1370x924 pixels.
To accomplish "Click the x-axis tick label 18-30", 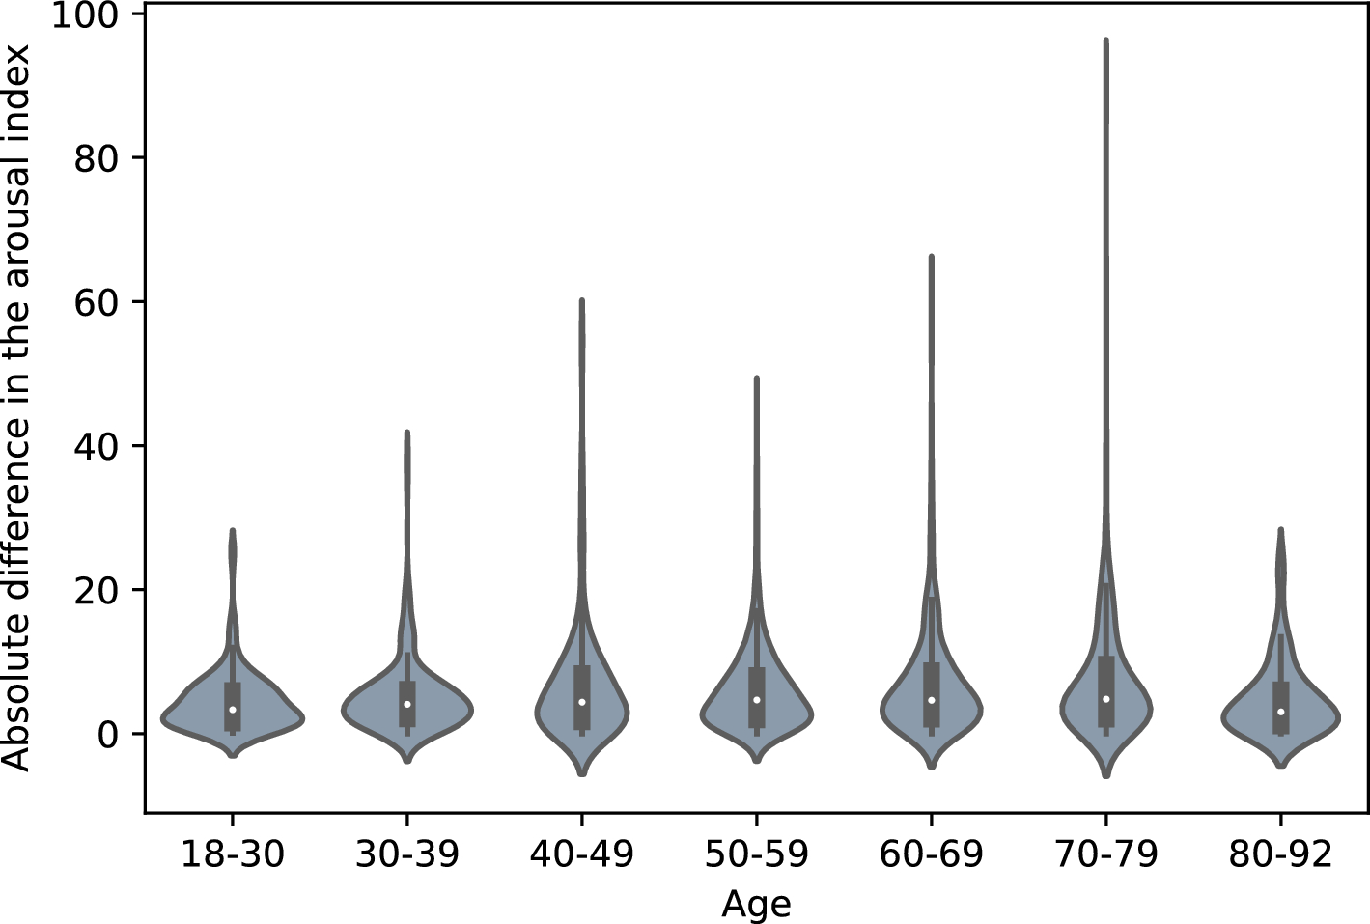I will (233, 854).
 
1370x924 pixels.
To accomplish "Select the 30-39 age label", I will (406, 854).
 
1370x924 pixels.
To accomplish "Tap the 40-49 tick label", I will (581, 854).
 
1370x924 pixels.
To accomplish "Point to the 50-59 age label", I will (756, 854).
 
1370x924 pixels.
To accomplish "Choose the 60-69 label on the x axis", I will (931, 854).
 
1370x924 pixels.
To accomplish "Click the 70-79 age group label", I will (1105, 854).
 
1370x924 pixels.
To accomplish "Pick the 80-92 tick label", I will (1280, 854).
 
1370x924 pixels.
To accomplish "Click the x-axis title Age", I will (756, 905).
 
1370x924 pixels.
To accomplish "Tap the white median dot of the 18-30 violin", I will (233, 710).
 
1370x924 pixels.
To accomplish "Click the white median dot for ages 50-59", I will (756, 700).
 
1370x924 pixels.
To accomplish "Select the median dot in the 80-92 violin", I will (1280, 712).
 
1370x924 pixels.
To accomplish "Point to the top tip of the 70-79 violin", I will (1105, 41).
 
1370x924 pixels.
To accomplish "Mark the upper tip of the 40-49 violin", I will (581, 300).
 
